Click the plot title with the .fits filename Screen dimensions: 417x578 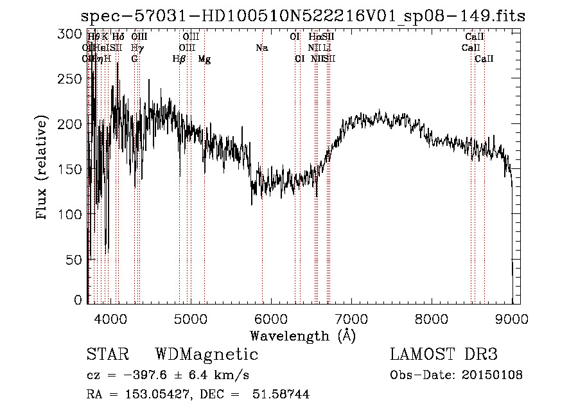(305, 17)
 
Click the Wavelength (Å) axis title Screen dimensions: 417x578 (302, 335)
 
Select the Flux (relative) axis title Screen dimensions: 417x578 (43, 168)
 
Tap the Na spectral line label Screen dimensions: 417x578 (261, 48)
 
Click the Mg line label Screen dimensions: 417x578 (204, 59)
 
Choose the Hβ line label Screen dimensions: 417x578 (179, 59)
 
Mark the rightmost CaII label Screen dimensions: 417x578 (484, 59)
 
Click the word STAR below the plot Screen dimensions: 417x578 (107, 355)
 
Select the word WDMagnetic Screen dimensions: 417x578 (206, 355)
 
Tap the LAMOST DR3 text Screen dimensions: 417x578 (443, 355)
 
